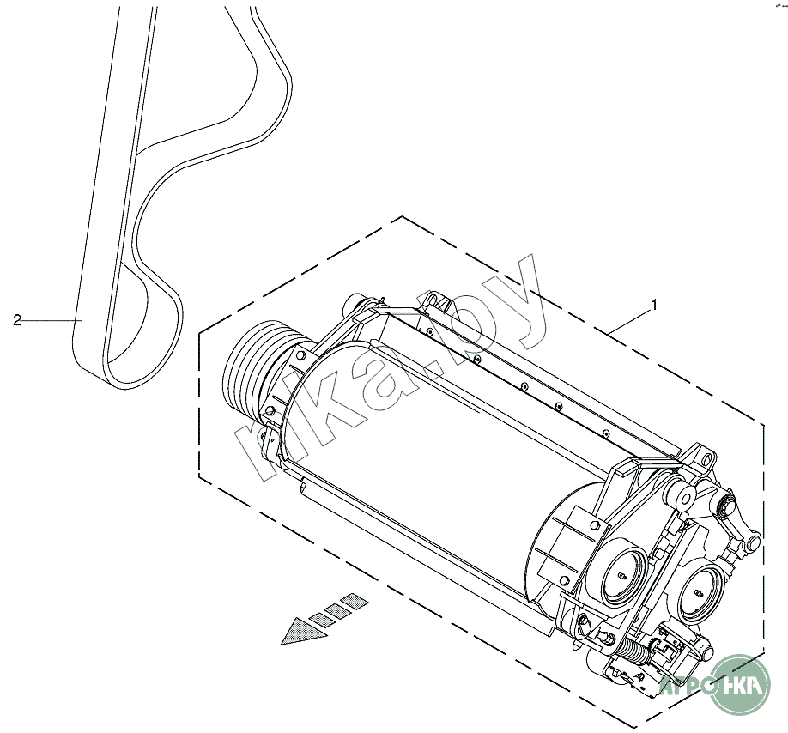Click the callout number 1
point(655,305)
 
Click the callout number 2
point(16,320)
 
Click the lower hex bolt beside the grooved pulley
point(271,411)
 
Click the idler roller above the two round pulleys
point(687,497)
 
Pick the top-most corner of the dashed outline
point(403,217)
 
